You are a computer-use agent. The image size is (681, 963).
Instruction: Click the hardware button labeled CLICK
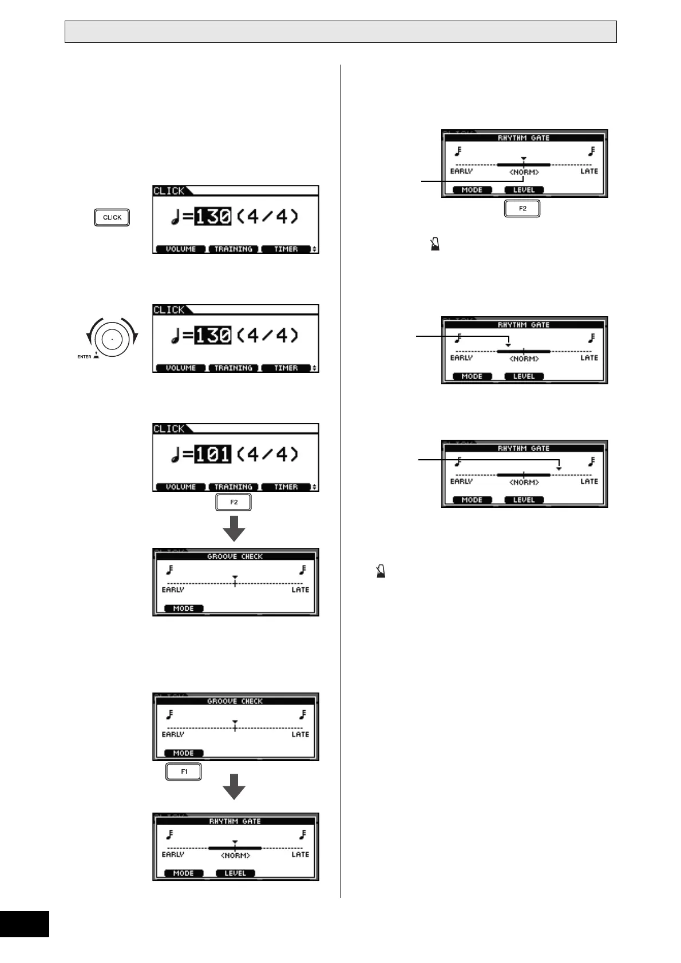tap(112, 217)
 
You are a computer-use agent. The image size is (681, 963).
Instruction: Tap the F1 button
tap(184, 771)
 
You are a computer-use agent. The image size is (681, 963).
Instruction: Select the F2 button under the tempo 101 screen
tap(233, 502)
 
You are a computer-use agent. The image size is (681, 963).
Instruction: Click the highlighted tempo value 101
tap(213, 454)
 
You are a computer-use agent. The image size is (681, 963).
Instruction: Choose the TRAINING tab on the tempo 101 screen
tap(233, 487)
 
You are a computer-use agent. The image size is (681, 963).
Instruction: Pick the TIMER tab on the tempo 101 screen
tap(286, 487)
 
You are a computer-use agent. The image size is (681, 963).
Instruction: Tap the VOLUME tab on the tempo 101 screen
tap(180, 487)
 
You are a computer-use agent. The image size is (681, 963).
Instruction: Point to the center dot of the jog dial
tap(112, 339)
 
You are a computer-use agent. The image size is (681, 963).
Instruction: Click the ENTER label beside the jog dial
tap(84, 356)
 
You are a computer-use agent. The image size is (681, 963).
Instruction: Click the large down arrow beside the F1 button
tap(233, 787)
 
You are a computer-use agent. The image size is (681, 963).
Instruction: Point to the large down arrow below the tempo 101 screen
tap(233, 528)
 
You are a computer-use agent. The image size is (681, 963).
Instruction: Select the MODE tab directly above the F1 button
tap(183, 753)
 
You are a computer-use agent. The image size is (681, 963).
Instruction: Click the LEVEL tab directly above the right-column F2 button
tap(524, 190)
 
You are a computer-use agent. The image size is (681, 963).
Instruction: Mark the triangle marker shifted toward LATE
tap(559, 469)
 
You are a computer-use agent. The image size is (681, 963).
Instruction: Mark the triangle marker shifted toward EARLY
tap(508, 345)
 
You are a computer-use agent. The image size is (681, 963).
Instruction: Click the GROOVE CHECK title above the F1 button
tap(235, 701)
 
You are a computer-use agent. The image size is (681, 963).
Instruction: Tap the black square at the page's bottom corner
tap(24, 932)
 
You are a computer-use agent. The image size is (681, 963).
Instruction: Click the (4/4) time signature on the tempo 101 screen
tap(268, 454)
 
